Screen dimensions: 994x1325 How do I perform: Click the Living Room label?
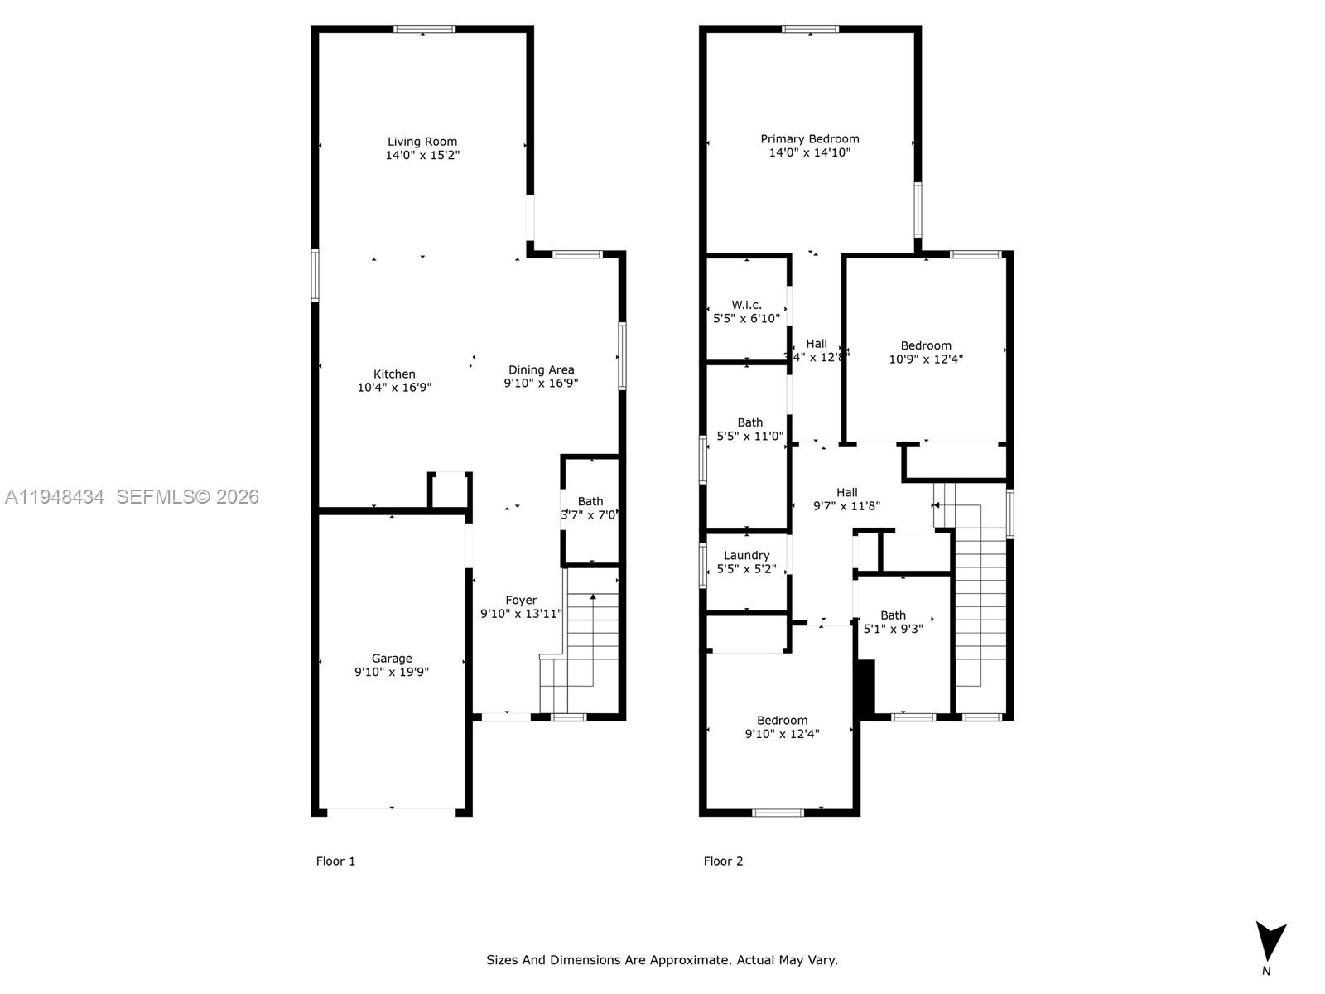pyautogui.click(x=422, y=142)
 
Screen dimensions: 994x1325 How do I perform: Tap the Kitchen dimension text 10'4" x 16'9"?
pyautogui.click(x=394, y=388)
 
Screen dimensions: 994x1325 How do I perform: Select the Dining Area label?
pyautogui.click(x=541, y=370)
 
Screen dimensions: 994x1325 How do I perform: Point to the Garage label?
pyautogui.click(x=392, y=659)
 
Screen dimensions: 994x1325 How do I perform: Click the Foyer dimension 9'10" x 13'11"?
pyautogui.click(x=521, y=614)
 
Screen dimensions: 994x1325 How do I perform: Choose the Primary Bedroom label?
pyautogui.click(x=810, y=139)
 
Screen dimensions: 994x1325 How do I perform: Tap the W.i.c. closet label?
pyautogui.click(x=746, y=305)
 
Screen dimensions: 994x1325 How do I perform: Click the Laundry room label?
pyautogui.click(x=746, y=556)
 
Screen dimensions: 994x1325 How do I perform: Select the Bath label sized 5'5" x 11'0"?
pyautogui.click(x=750, y=422)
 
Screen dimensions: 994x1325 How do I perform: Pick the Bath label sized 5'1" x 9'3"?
pyautogui.click(x=893, y=615)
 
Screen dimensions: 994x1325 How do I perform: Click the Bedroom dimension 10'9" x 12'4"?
pyautogui.click(x=926, y=359)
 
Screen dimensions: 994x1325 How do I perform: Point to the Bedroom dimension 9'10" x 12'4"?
pyautogui.click(x=782, y=734)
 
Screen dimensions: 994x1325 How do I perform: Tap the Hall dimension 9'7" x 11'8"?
pyautogui.click(x=846, y=506)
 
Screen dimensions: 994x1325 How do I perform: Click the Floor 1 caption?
pyautogui.click(x=335, y=861)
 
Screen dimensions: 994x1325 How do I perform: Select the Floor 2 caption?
pyautogui.click(x=723, y=861)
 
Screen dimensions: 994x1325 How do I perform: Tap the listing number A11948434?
pyautogui.click(x=55, y=497)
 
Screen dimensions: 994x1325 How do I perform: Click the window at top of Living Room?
pyautogui.click(x=424, y=30)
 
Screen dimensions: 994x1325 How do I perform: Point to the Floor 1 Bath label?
pyautogui.click(x=590, y=501)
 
